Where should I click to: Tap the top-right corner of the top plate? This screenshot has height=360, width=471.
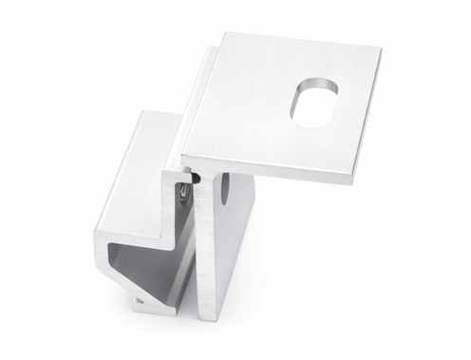[x=381, y=48]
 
